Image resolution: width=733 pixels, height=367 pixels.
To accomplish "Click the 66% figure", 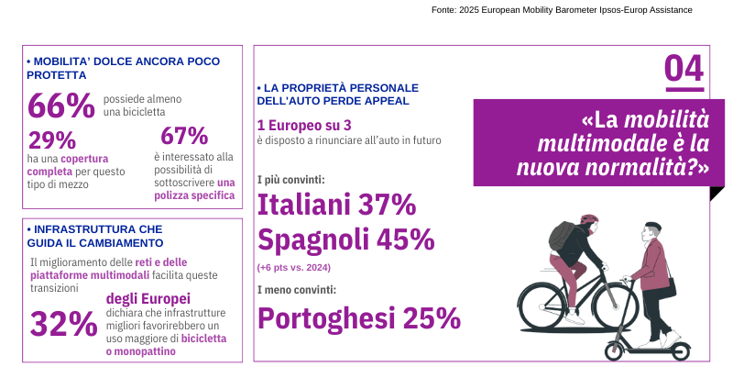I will pos(61,106).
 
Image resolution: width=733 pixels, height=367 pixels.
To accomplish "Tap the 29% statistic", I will pos(52,140).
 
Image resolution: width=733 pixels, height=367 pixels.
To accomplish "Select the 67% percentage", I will pos(184,136).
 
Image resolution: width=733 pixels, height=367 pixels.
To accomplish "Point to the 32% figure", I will pos(63,323).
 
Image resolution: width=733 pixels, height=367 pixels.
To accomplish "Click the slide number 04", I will pos(684,69).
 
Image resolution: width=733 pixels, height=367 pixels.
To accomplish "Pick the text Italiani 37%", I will pos(336,204).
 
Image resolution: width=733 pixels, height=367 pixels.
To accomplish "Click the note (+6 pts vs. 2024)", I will pos(293,267).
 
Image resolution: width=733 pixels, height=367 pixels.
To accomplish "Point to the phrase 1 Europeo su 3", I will pos(303,125).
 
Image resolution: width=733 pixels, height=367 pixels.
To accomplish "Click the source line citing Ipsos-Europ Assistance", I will pos(562,9).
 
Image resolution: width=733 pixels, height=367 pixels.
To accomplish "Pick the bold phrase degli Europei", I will pos(148,298).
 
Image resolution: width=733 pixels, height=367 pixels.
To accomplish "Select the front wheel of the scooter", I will pos(616,350).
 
